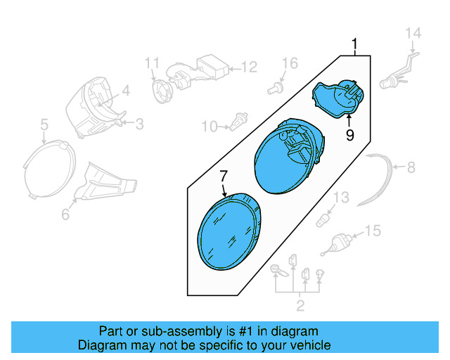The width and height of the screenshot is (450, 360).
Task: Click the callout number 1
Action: [355, 46]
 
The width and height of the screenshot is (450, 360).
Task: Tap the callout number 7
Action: [224, 175]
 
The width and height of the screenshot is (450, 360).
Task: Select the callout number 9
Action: [349, 134]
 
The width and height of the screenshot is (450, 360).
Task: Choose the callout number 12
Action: [249, 68]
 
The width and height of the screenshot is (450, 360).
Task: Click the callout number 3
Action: [139, 124]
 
